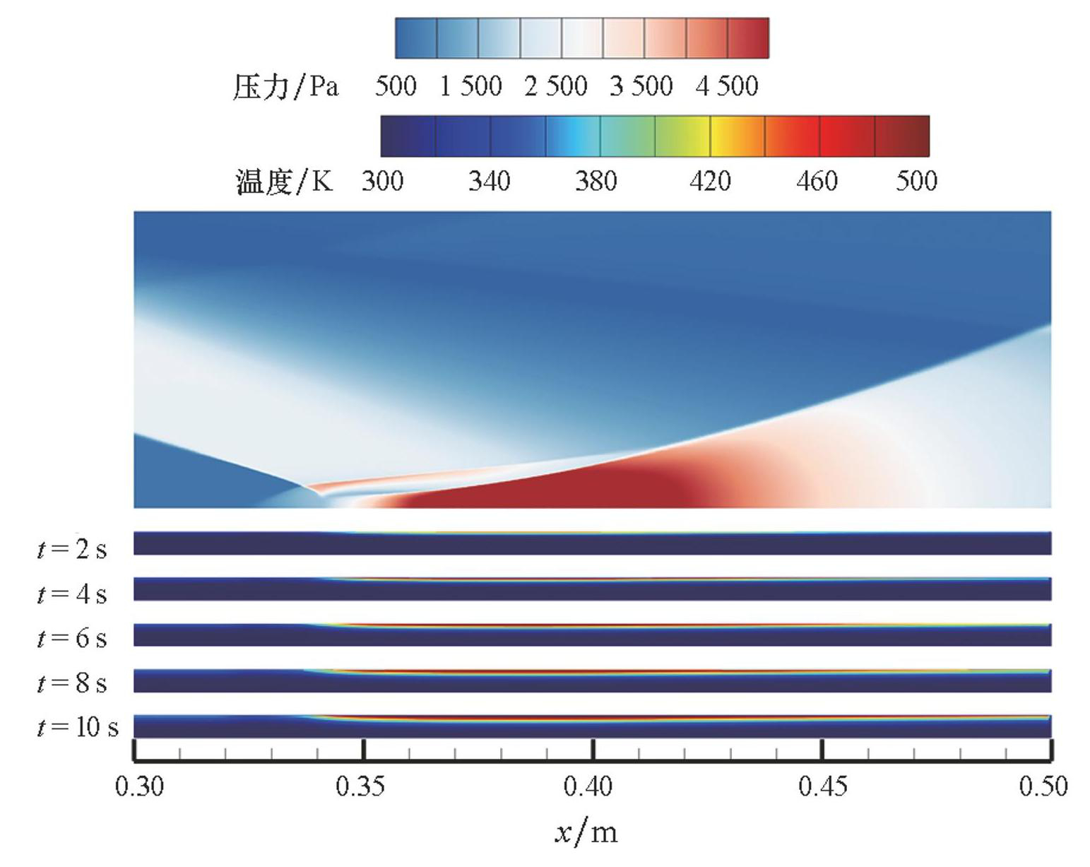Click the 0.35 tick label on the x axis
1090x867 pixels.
[x=360, y=786]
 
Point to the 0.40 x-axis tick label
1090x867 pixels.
[x=588, y=786]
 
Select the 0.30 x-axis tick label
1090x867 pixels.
[x=139, y=786]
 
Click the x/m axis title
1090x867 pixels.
[x=586, y=832]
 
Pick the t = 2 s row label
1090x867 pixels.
[x=72, y=548]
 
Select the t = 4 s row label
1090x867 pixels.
[x=72, y=594]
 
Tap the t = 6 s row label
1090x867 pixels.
[x=72, y=638]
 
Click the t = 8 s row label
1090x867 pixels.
[x=72, y=683]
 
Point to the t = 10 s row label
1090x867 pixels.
[x=78, y=726]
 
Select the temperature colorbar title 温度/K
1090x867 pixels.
[x=284, y=182]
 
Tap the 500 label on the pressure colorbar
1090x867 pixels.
[x=396, y=86]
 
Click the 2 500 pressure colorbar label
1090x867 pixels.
[x=556, y=86]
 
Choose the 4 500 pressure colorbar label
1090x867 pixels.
[x=727, y=86]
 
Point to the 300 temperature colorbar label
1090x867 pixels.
[x=382, y=181]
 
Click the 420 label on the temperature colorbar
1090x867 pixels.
[x=710, y=181]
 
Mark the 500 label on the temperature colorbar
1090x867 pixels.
[x=916, y=181]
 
